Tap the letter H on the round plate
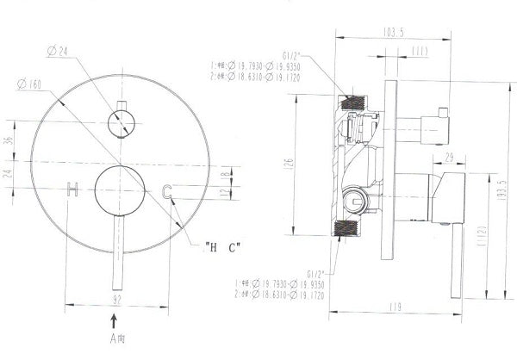73,189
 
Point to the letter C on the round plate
167,190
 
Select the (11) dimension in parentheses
420,53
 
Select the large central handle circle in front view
119,189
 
